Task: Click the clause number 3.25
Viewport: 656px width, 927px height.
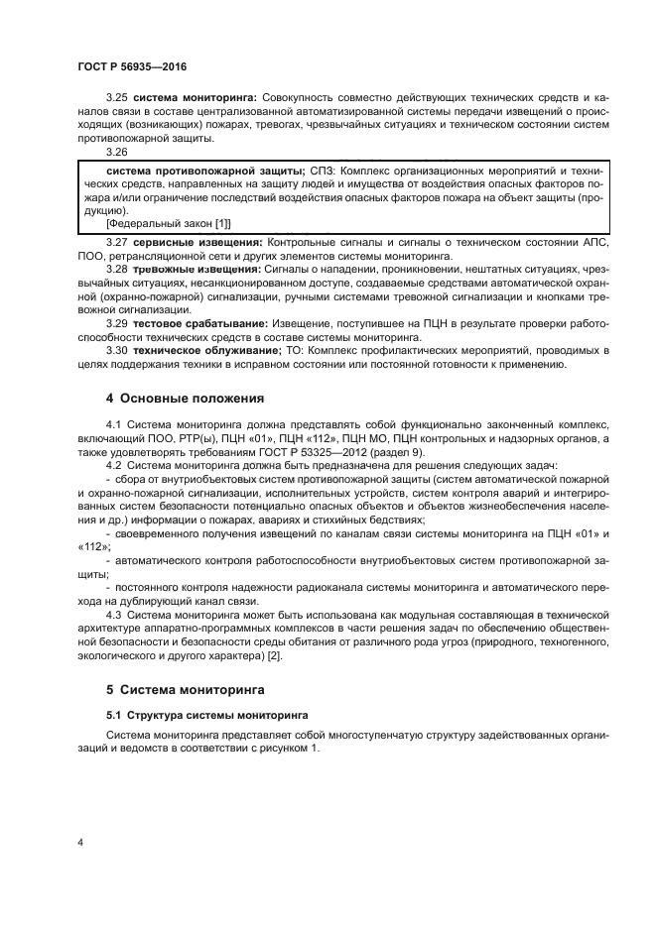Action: click(117, 98)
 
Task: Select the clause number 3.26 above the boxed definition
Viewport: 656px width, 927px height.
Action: click(117, 152)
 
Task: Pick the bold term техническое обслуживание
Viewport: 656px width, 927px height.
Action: click(205, 351)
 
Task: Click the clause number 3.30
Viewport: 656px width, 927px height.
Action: click(117, 351)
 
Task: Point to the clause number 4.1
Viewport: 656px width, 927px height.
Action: click(112, 424)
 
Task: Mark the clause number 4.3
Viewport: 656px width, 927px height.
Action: click(112, 615)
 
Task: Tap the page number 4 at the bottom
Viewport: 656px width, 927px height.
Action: click(80, 843)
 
